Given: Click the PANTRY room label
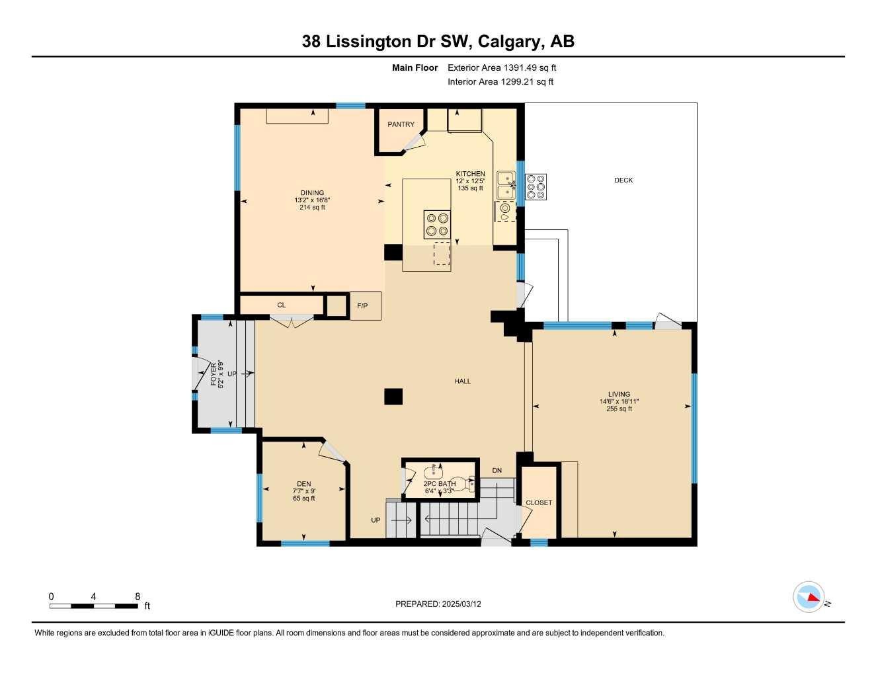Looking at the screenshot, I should (401, 124).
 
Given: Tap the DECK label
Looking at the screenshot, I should (623, 180).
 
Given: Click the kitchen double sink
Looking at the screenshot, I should (506, 184).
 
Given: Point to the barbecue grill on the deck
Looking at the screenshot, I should (536, 186).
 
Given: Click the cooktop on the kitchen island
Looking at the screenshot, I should (436, 224).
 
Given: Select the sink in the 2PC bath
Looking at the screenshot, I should (434, 472).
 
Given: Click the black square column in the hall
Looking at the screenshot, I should (393, 396).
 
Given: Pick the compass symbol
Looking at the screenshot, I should (809, 598).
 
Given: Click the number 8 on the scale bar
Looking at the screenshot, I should (138, 596).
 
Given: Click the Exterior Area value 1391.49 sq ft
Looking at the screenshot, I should (530, 67).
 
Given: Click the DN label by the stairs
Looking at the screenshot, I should (497, 471).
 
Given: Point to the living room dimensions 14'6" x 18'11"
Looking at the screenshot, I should (619, 401).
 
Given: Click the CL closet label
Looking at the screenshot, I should (281, 305).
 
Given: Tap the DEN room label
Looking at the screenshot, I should (303, 484).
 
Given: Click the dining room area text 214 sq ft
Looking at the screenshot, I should (312, 208).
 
